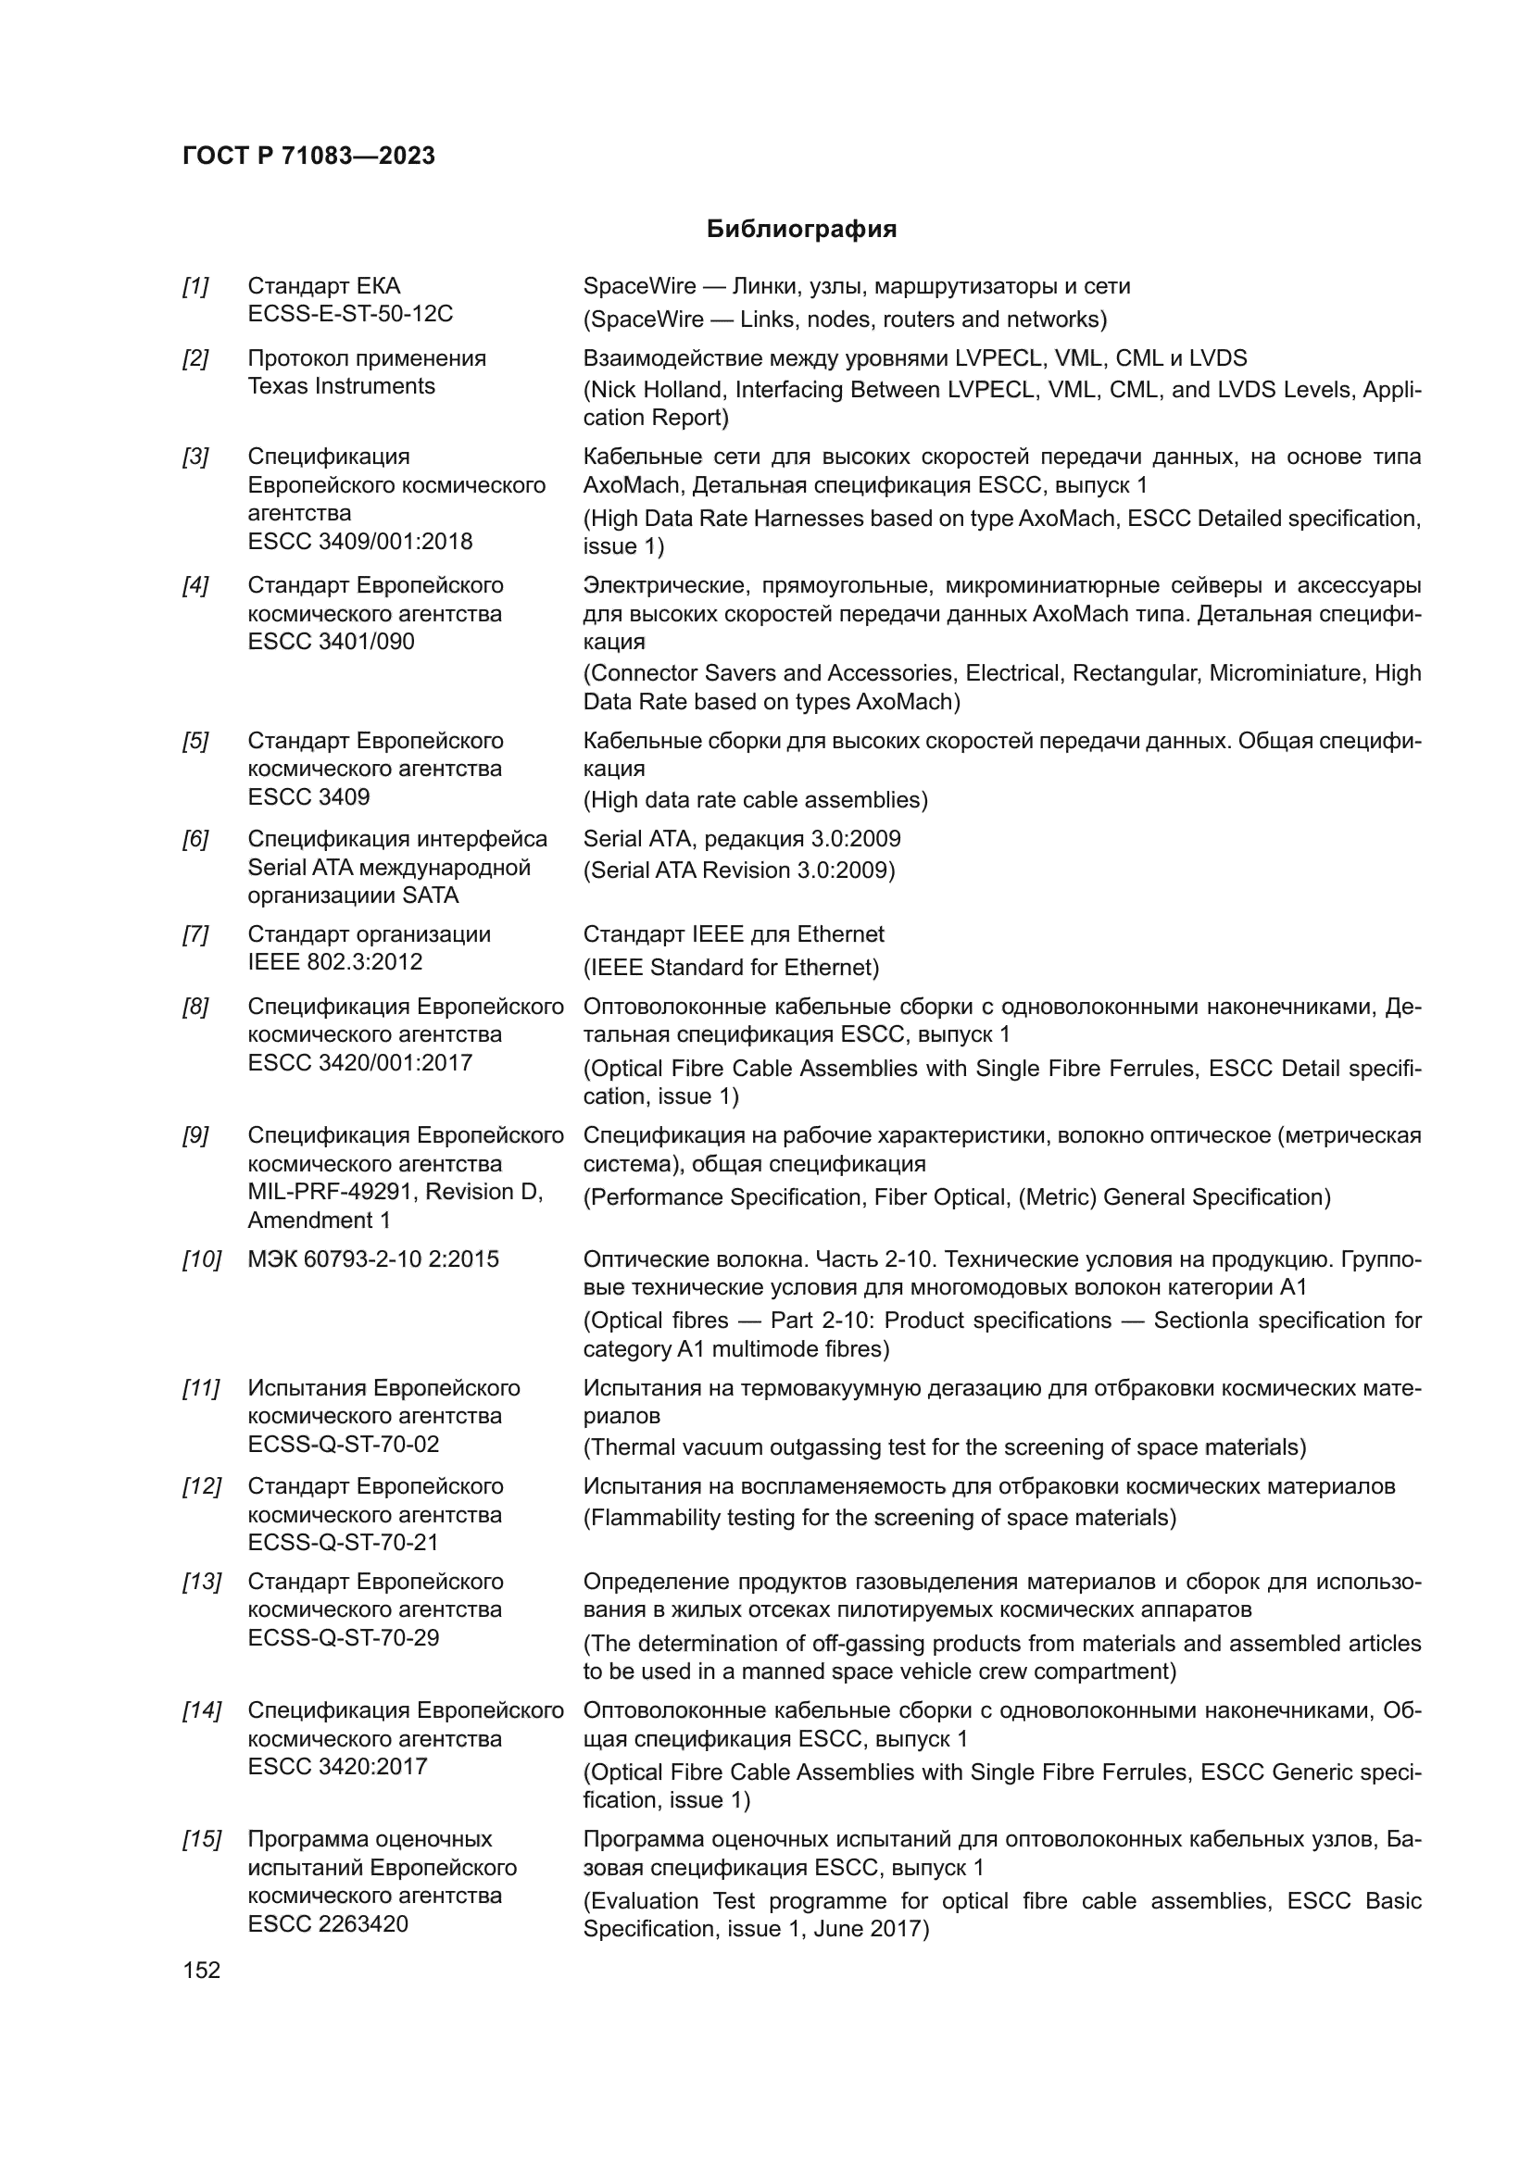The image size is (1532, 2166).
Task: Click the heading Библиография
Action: click(x=801, y=230)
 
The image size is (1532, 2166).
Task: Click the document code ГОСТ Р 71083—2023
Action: click(x=308, y=156)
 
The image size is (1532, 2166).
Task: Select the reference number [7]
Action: click(x=195, y=934)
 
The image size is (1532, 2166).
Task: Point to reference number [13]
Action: click(x=201, y=1581)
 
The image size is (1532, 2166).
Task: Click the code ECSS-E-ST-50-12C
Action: click(x=350, y=313)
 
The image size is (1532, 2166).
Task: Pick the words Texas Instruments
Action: click(x=341, y=386)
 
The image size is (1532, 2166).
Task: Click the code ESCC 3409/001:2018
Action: click(x=359, y=542)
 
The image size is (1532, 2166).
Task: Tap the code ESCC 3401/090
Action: click(x=330, y=642)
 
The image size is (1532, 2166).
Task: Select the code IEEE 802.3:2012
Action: click(x=335, y=962)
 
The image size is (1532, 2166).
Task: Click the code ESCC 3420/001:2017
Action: click(x=359, y=1062)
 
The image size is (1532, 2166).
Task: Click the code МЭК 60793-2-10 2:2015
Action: click(x=372, y=1259)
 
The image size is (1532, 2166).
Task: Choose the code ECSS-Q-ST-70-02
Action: click(x=344, y=1445)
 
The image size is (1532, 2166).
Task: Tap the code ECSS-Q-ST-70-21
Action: click(x=344, y=1543)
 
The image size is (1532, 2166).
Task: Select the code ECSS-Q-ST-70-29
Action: click(x=344, y=1638)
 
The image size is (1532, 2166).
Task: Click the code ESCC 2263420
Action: click(x=327, y=1923)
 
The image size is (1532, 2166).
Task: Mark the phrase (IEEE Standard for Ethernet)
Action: click(x=730, y=967)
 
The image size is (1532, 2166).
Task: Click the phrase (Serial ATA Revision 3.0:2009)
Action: click(x=738, y=870)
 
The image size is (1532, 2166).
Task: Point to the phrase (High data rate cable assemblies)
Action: click(x=755, y=800)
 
